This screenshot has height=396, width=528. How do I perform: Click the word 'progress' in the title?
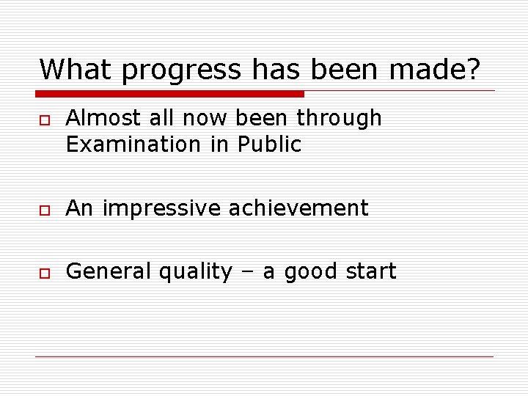point(181,70)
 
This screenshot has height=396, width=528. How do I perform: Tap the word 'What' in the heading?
point(77,70)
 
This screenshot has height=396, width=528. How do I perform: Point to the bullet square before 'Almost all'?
point(44,120)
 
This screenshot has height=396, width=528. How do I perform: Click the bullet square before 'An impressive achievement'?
point(44,210)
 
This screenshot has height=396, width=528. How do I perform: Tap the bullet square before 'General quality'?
point(44,273)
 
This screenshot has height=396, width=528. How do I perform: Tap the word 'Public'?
point(269,144)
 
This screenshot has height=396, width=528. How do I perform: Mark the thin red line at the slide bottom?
point(264,357)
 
